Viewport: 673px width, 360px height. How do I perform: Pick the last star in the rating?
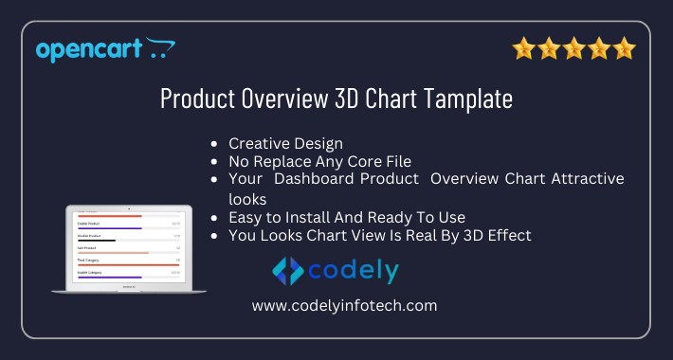tap(623, 48)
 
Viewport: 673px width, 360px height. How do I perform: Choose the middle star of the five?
tap(573, 48)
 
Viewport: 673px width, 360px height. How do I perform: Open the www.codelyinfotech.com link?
tap(344, 305)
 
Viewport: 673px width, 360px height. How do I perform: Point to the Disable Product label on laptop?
tap(91, 236)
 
